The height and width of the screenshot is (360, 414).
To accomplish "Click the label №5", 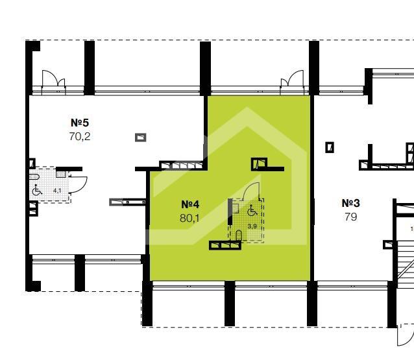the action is click(x=80, y=123).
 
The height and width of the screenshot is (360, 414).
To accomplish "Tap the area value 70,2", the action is click(x=80, y=136).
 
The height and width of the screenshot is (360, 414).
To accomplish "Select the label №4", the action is click(x=190, y=204).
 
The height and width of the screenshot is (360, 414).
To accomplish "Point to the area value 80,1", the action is click(x=190, y=218).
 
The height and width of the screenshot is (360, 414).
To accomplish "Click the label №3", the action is click(x=350, y=203).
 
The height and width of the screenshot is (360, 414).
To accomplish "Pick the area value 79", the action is click(x=350, y=217).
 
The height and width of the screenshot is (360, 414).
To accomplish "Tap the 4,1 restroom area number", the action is click(x=57, y=190).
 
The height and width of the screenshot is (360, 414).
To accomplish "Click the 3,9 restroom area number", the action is click(x=252, y=226).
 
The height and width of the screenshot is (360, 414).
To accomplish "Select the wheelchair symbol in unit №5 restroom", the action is click(x=37, y=190).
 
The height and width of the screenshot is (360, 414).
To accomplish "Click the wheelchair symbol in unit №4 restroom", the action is click(x=252, y=210).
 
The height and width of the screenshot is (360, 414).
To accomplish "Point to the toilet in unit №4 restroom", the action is click(x=239, y=235).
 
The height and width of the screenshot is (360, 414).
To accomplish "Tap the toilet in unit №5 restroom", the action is click(x=34, y=177).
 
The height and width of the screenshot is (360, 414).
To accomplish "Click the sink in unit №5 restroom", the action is click(x=61, y=174).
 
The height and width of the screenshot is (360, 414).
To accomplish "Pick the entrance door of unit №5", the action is click(x=53, y=78).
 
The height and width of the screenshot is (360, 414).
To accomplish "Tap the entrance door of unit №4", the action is click(x=292, y=78).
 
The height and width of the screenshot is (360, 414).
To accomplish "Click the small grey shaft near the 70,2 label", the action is click(x=140, y=138).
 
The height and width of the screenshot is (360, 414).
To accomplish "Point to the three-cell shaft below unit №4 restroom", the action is click(x=225, y=245).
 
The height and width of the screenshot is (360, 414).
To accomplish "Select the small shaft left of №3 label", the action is click(x=330, y=147).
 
